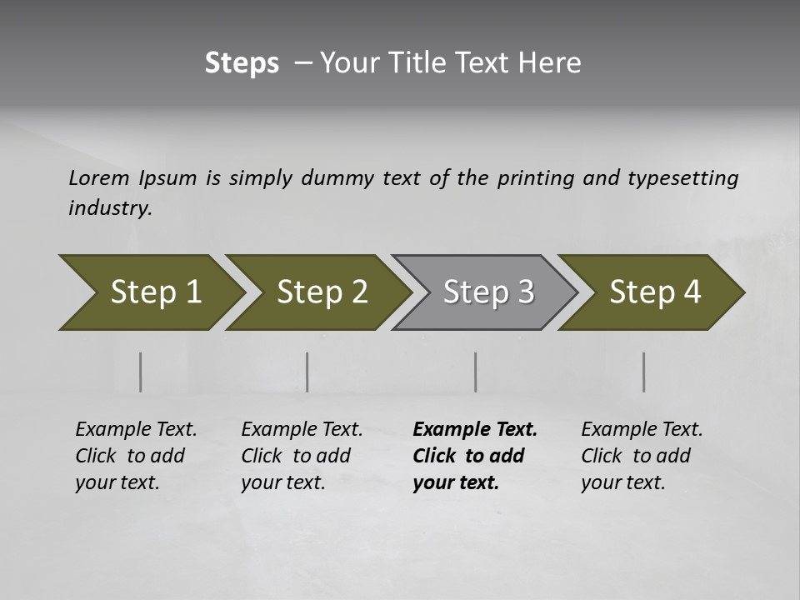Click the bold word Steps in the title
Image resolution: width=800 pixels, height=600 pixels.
[242, 63]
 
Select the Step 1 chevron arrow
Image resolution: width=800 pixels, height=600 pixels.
[150, 292]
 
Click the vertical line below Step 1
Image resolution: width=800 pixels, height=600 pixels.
[141, 372]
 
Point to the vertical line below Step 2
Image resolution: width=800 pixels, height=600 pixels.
[307, 372]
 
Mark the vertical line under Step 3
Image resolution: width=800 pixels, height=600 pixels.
[475, 372]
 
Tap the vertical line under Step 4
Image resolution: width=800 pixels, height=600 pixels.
[643, 372]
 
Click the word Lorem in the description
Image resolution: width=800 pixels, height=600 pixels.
[99, 177]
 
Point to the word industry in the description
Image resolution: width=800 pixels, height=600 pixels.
[109, 207]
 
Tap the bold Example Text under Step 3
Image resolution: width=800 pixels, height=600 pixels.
[475, 429]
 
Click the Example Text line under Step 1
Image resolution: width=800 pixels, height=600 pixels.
[136, 429]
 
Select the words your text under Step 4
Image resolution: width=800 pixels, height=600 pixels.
[622, 482]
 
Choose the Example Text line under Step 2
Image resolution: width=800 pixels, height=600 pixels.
[302, 429]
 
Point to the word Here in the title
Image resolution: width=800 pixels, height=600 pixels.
[553, 63]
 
